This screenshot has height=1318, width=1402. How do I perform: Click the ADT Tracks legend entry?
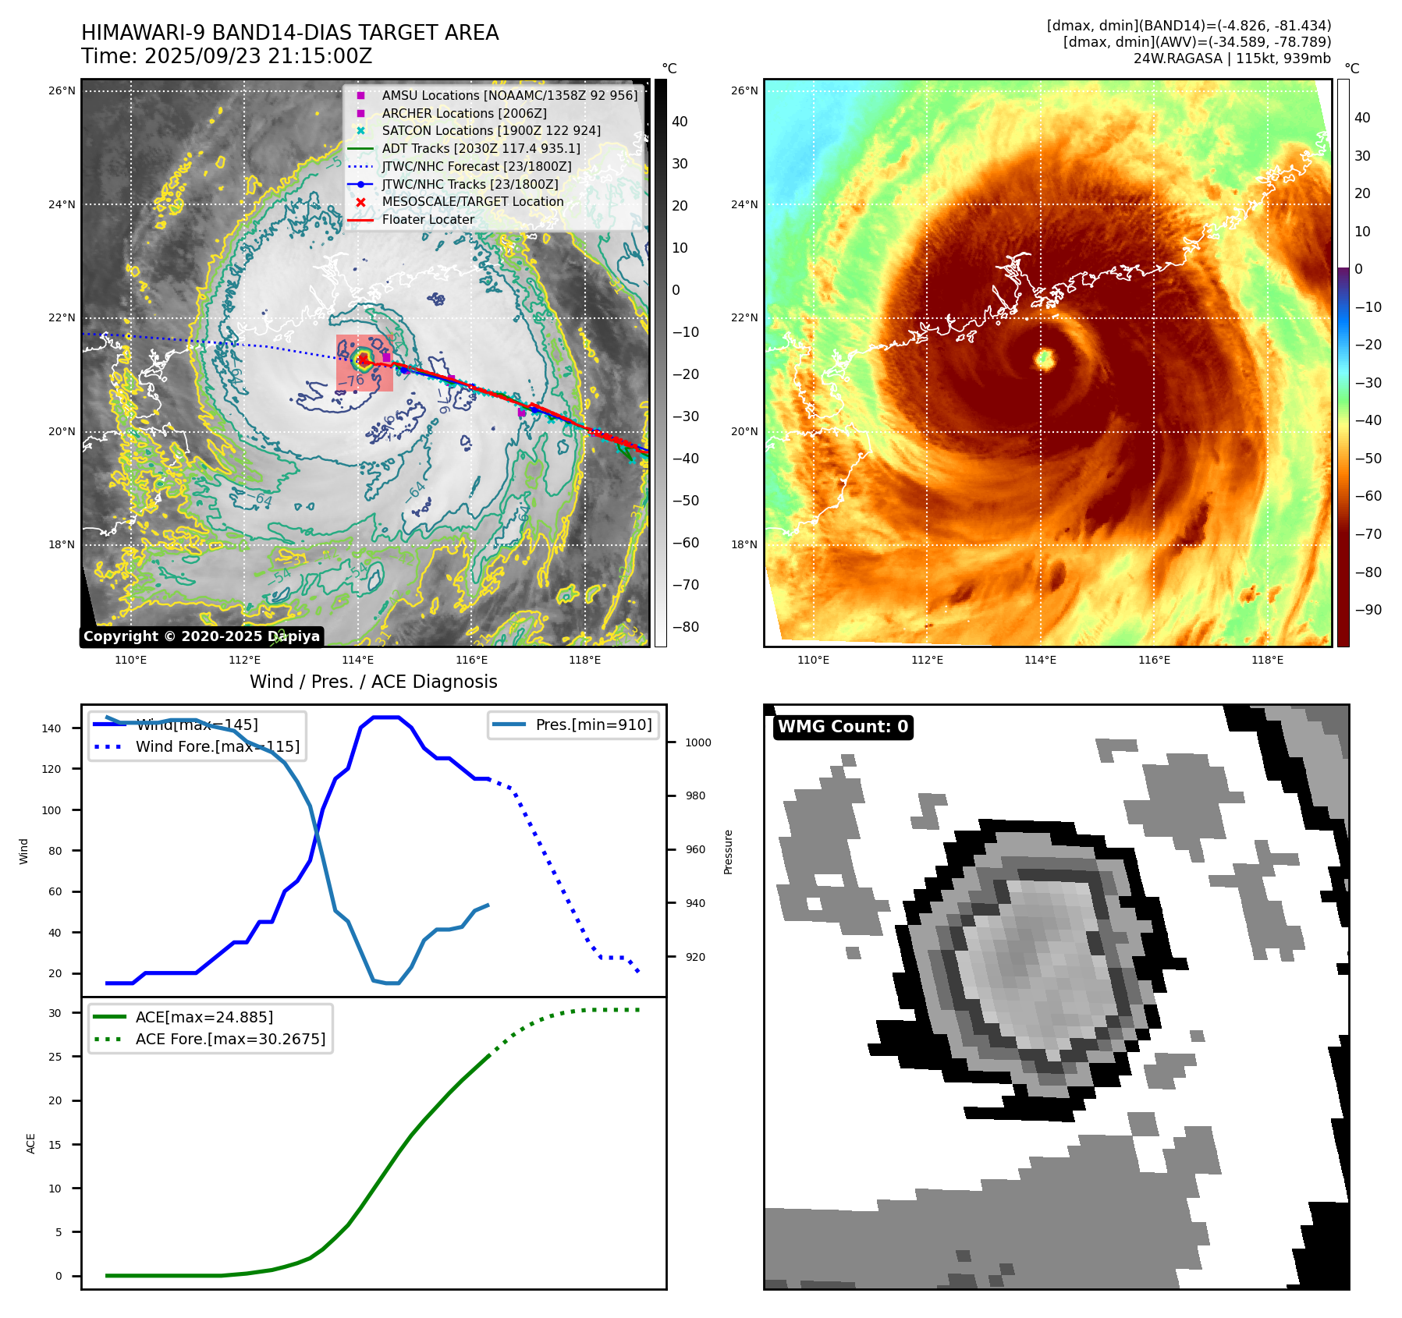tap(481, 148)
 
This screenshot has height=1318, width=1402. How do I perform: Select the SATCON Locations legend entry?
tap(491, 130)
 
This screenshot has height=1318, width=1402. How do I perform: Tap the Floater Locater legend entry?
tap(428, 219)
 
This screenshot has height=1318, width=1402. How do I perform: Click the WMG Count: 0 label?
tap(843, 727)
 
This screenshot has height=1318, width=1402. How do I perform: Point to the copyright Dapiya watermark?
tap(201, 636)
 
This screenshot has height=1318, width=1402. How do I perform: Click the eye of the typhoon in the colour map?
tap(1045, 359)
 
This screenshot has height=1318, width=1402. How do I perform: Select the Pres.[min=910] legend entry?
tap(593, 725)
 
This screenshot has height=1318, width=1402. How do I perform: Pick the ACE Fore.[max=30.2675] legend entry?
tap(230, 1039)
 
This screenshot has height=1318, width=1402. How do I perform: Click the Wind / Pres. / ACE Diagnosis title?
tap(373, 682)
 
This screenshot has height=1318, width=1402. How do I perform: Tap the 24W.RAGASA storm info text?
tap(1232, 58)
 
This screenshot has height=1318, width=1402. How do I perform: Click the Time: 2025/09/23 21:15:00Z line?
tap(226, 56)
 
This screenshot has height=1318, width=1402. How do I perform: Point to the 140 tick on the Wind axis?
tap(51, 728)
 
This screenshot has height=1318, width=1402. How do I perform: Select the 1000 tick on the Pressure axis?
tap(697, 742)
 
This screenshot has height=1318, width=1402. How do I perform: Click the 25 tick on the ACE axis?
tap(55, 1057)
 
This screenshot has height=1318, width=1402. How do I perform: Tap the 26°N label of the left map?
tap(62, 90)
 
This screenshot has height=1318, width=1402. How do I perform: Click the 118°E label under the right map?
tap(1267, 660)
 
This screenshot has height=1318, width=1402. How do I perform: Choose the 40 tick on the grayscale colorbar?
tap(680, 122)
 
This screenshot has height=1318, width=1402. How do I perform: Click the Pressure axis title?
tap(728, 852)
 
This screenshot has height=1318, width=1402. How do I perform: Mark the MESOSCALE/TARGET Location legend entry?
tap(472, 201)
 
